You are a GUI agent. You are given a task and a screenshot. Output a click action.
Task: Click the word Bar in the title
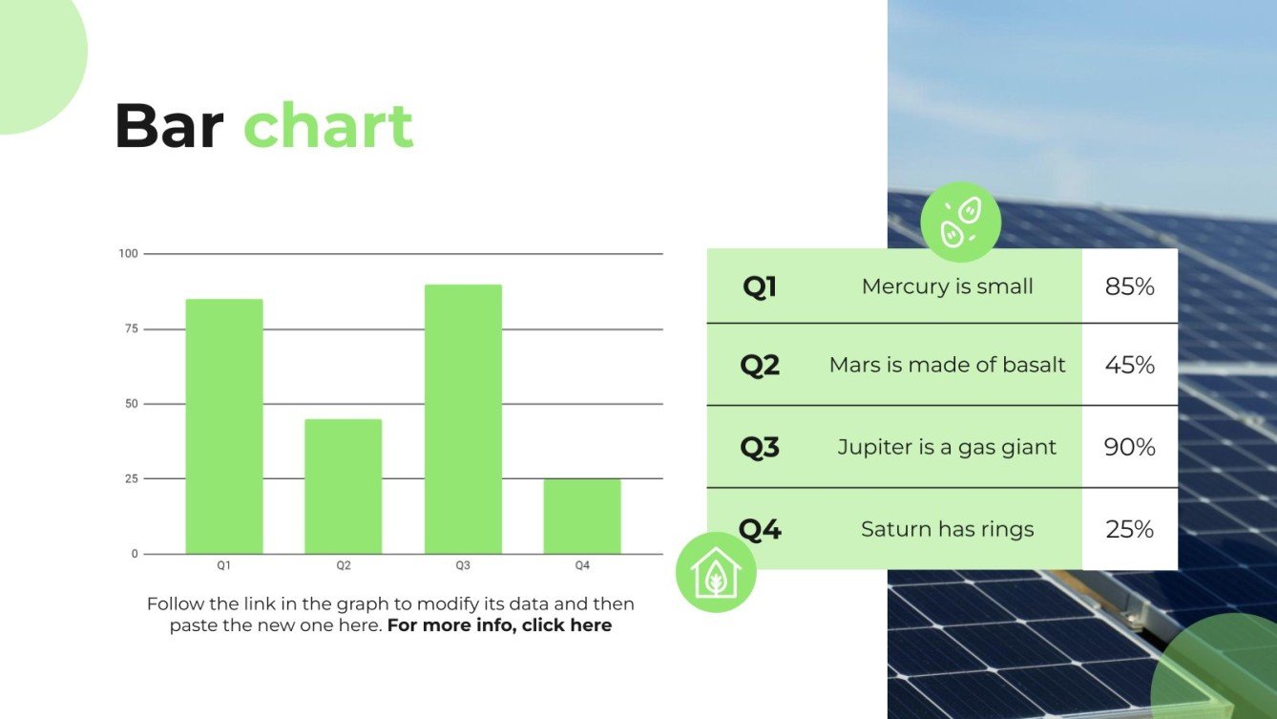point(169,127)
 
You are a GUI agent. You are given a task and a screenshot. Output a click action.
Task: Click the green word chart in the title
point(328,127)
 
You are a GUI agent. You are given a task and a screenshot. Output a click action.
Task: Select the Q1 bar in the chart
point(224,426)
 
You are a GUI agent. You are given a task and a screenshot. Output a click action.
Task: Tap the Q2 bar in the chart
point(344,486)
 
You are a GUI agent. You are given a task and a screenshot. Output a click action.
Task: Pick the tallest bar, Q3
point(463,419)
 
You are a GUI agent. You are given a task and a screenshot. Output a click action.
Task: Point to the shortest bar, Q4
point(582,516)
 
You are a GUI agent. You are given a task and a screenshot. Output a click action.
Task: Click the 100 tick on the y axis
point(129,254)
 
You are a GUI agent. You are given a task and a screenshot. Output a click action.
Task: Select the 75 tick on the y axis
point(131,328)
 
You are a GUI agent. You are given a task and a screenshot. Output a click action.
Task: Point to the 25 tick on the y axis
point(131,478)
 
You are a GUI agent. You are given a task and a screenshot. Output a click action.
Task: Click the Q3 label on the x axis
point(463,566)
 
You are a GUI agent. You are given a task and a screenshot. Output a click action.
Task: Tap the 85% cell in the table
point(1129,286)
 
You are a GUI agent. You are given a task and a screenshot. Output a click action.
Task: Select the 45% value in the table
point(1129,365)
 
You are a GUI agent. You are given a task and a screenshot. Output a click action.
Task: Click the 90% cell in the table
point(1129,447)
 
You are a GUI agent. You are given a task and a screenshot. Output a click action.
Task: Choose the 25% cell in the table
point(1129,529)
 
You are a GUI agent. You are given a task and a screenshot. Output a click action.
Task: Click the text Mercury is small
point(947,286)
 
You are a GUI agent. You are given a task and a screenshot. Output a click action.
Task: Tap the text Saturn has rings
point(947,529)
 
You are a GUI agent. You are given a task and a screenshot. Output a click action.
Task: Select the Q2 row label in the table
point(760,365)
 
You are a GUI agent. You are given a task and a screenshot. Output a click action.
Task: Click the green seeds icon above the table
point(960,222)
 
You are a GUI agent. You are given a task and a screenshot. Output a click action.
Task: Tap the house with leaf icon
point(716,573)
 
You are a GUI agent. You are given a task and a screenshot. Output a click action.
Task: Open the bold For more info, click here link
point(499,626)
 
